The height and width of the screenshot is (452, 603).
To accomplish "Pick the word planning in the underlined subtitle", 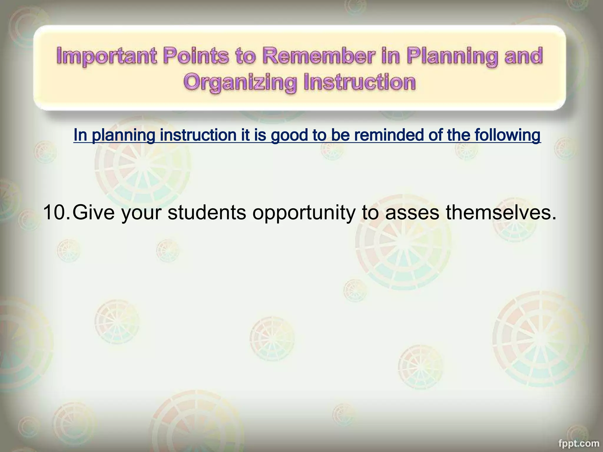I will point(124,135).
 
